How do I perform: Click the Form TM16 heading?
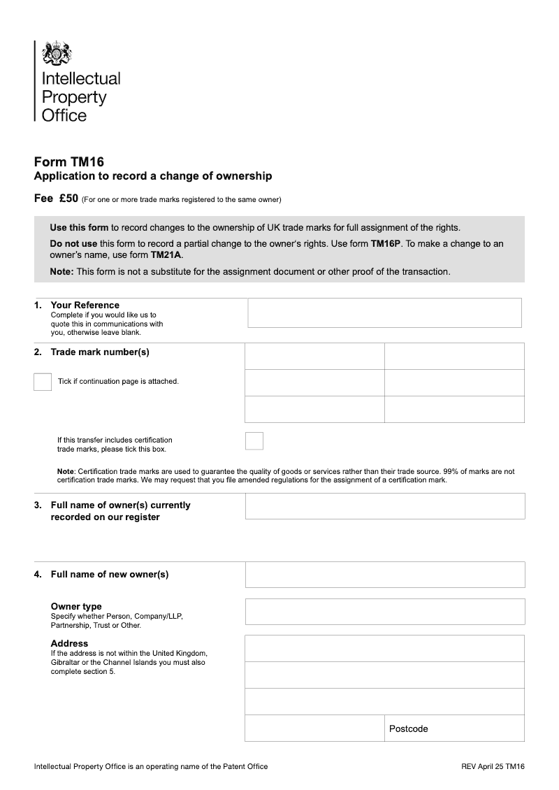click(x=69, y=161)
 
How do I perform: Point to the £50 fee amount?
click(x=68, y=199)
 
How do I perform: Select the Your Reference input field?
click(x=384, y=313)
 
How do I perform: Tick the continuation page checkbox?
click(x=43, y=382)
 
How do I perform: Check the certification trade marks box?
click(x=254, y=440)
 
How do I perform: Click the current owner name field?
click(x=384, y=506)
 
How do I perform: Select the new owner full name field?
click(x=384, y=575)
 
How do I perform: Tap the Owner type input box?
click(x=384, y=611)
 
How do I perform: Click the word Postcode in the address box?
click(x=408, y=728)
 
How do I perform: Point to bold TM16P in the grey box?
click(x=384, y=244)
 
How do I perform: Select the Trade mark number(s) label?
click(x=100, y=352)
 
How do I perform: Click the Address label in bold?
click(x=69, y=643)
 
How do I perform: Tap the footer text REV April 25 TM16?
click(x=493, y=766)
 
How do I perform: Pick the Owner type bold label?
click(x=76, y=606)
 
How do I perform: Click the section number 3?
click(x=37, y=505)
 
